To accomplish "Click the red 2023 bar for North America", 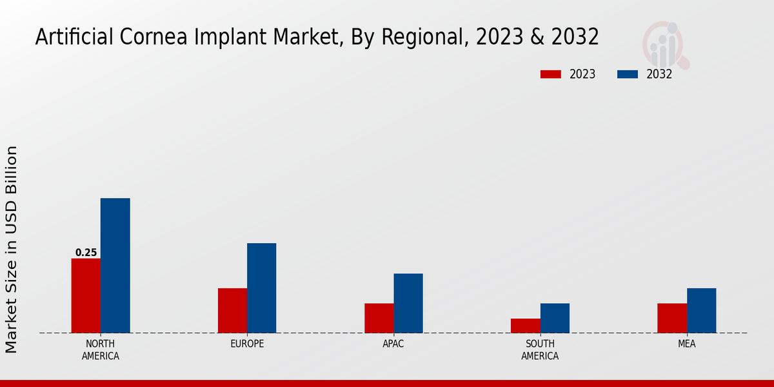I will (86, 295).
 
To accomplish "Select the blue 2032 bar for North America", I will (115, 265).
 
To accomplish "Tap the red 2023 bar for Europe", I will (232, 310).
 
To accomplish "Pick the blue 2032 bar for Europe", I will (261, 288).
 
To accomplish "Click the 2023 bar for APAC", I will (379, 318).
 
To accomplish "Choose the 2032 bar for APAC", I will (408, 303).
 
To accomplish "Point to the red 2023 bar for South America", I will (525, 326).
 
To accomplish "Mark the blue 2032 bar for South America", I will (555, 318).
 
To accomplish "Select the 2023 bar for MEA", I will (672, 318).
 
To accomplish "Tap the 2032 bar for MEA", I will (701, 310).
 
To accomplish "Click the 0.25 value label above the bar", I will (86, 253).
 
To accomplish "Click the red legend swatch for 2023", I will (550, 74).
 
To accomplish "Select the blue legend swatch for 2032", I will (627, 74).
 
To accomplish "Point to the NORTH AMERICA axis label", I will (101, 350).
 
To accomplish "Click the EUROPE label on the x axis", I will (247, 344).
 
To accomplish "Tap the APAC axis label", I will (393, 344).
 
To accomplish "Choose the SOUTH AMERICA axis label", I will (540, 350).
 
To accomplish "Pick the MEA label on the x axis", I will (686, 344).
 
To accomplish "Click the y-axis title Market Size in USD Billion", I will (12, 249).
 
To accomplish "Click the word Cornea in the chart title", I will (150, 37).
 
